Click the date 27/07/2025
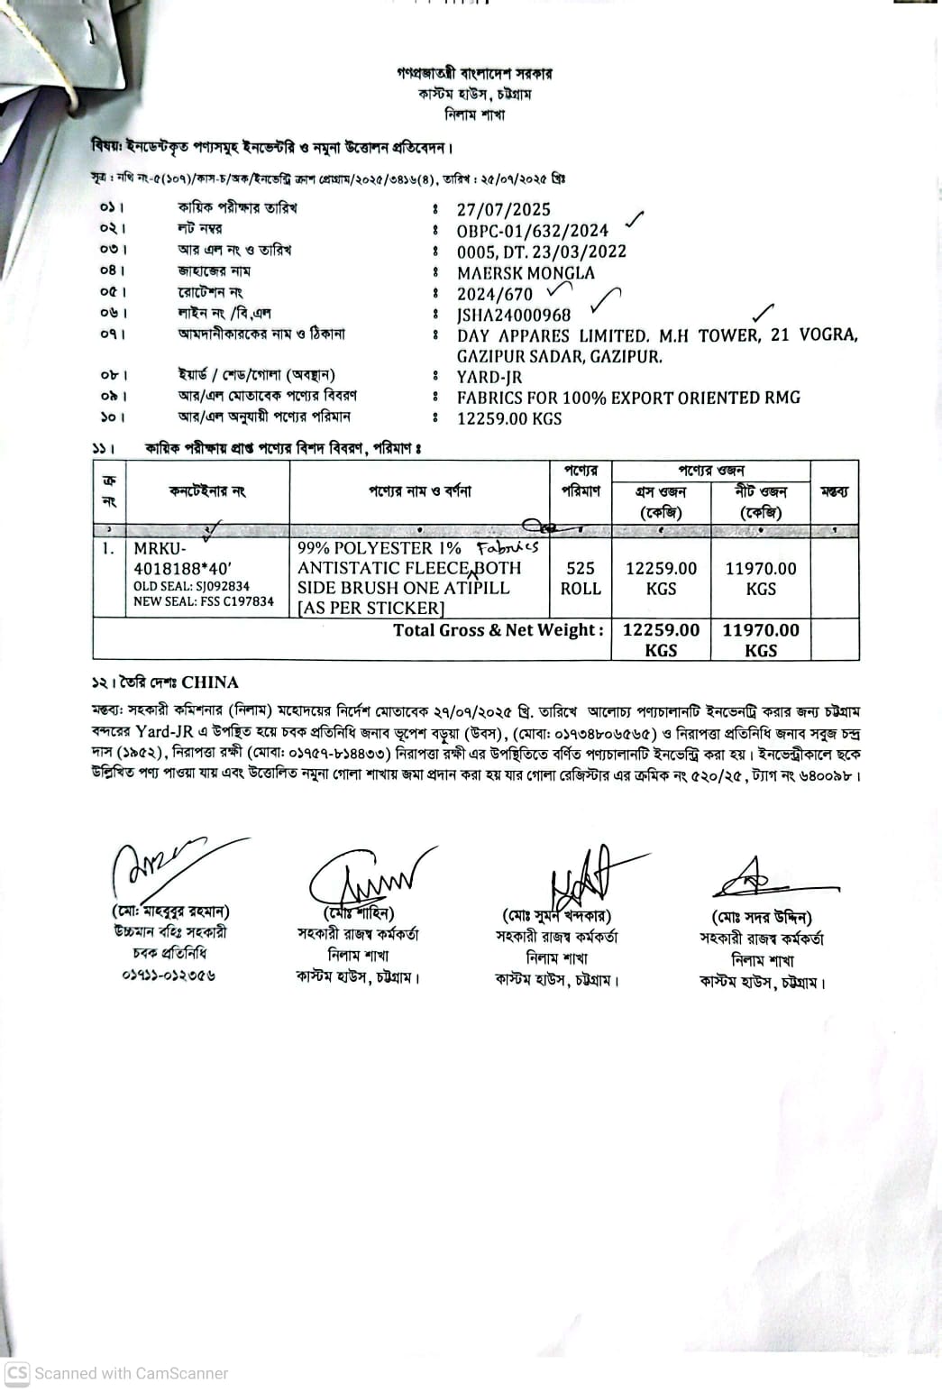503,210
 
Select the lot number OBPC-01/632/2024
532,231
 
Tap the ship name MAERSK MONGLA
526,273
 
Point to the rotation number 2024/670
495,295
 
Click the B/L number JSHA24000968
514,316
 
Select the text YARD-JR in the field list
489,378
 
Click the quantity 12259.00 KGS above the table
509,419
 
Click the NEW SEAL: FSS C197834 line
204,601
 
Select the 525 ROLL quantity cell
581,578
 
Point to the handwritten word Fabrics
508,547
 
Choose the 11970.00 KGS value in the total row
761,639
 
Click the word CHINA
210,682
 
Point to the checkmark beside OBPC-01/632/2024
635,219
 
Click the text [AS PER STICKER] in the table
370,609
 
